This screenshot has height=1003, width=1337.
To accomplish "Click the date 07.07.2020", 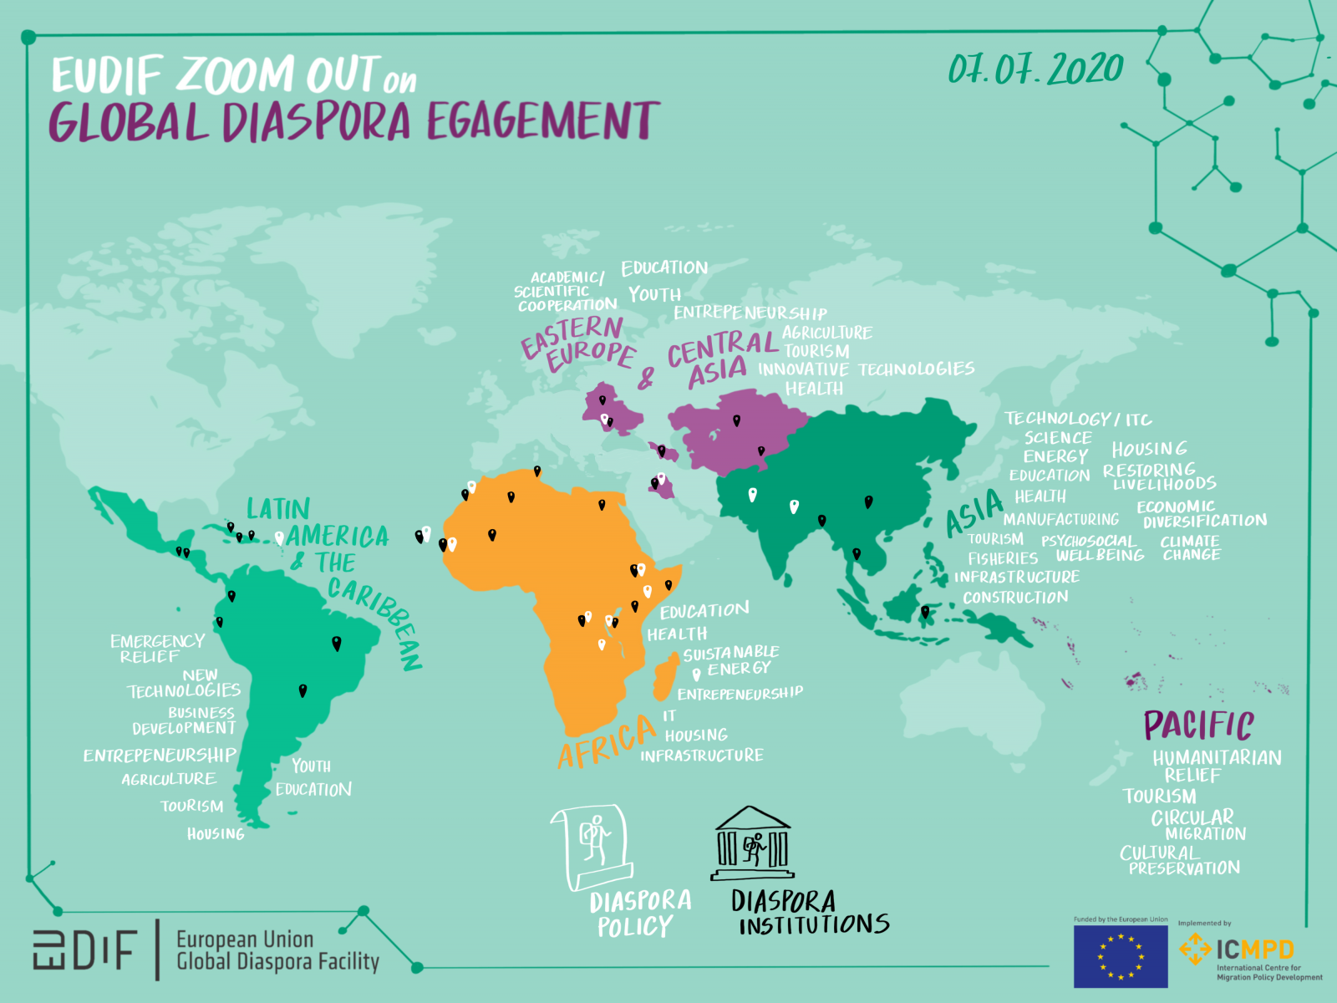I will coord(1035,69).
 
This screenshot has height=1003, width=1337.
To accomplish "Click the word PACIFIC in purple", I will coord(1198,725).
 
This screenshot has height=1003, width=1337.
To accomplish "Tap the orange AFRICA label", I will coord(607,741).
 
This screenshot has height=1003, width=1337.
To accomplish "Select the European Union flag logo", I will coord(1120,956).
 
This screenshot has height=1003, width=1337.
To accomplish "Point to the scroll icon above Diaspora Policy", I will coord(592,845).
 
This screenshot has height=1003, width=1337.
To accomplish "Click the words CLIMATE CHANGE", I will coord(1191,547).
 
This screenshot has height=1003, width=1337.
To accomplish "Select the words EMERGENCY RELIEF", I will coord(156,649).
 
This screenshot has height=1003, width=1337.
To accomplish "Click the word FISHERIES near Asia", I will coord(1003,558).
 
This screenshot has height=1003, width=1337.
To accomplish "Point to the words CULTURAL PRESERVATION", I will coord(1180,860).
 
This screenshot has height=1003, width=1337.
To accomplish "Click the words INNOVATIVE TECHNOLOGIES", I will coord(866,369).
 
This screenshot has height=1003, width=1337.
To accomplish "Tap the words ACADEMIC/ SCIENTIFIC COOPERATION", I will coord(566,291).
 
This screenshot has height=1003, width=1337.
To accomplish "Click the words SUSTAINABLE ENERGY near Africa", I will coord(731,660).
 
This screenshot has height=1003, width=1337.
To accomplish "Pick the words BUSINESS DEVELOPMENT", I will coord(185,720).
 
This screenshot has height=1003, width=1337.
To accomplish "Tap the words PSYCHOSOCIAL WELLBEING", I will coord(1092,548).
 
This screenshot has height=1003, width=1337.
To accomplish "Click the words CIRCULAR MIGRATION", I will coord(1197,825).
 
